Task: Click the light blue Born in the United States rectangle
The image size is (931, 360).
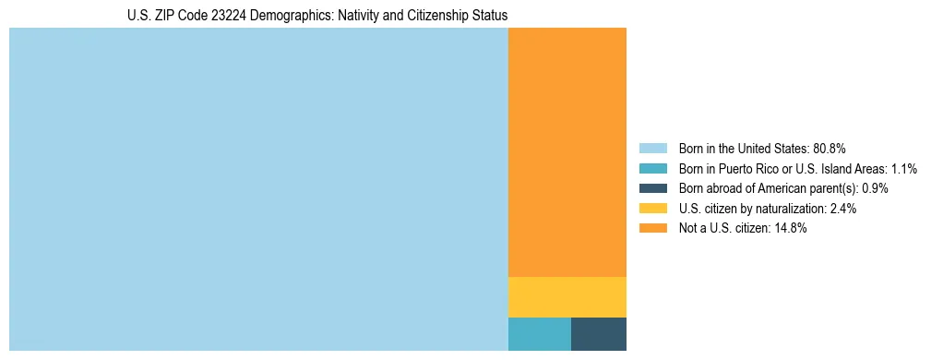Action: [258, 189]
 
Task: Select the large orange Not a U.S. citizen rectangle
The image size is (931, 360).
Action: [567, 152]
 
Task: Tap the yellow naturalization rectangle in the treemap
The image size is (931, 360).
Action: [567, 296]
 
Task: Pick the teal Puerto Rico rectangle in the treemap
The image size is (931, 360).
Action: [540, 333]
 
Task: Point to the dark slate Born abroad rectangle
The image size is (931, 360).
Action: [599, 333]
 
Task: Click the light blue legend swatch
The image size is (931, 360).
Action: [652, 149]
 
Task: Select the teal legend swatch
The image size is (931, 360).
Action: [652, 169]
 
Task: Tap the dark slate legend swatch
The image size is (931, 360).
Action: [652, 188]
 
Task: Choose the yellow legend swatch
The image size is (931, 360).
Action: [652, 209]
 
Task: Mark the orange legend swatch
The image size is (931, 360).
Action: [652, 228]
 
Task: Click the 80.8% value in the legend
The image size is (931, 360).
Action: [830, 149]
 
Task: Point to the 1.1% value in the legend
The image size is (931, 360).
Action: [904, 169]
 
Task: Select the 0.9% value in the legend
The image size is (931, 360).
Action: [873, 188]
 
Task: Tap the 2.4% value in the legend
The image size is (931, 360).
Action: [842, 209]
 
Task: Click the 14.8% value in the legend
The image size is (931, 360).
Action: [791, 228]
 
